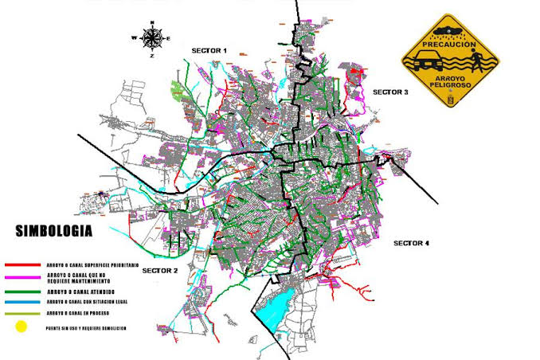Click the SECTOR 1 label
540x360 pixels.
[209, 50]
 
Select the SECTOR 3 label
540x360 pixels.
[390, 92]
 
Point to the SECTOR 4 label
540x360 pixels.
[412, 242]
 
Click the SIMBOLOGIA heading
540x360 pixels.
[54, 231]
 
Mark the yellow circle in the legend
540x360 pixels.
[21, 327]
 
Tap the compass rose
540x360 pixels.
[151, 37]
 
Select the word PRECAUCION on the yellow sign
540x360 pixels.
[450, 44]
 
